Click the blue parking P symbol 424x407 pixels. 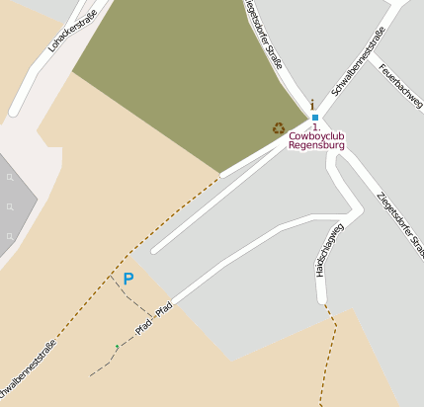[127, 280]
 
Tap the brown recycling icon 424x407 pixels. [279, 127]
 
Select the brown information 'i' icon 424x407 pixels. [313, 104]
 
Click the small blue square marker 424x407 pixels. [315, 118]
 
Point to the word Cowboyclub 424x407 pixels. [316, 136]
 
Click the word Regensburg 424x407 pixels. [316, 145]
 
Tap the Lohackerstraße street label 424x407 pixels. [77, 29]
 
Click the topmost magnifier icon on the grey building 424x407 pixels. [10, 178]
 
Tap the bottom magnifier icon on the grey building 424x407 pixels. [10, 237]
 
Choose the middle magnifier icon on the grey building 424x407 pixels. [10, 207]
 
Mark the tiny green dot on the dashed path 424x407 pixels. [117, 346]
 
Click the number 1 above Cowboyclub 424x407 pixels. [314, 127]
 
